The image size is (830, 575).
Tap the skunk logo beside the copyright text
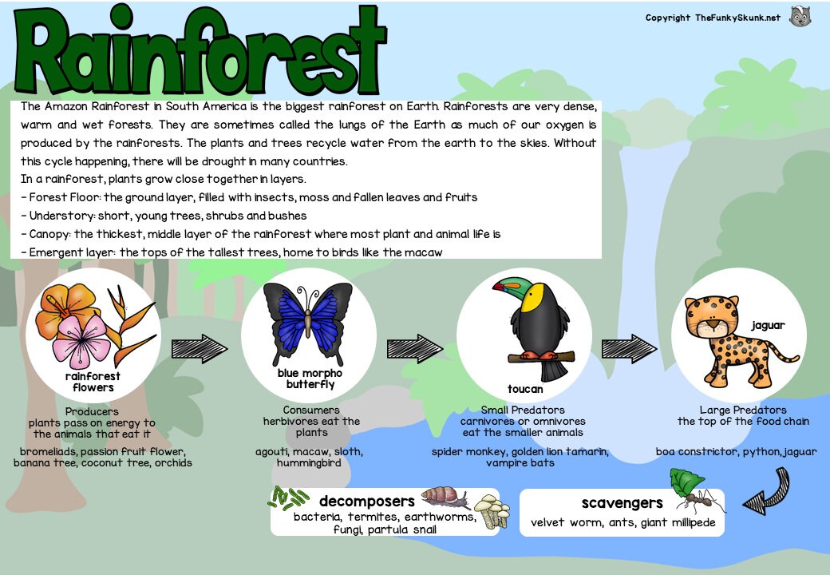pos(800,17)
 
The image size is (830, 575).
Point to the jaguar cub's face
pos(709,317)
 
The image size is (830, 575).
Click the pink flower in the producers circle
pos(82,336)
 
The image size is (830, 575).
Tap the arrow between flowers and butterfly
pos(199,348)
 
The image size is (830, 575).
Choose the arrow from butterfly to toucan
pos(414,348)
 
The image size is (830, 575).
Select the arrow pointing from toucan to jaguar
pos(629,348)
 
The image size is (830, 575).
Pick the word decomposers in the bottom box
pos(366,502)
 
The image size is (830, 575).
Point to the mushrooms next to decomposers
pos(491,510)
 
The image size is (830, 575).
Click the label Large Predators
pos(742,410)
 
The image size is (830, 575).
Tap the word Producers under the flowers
pos(92,412)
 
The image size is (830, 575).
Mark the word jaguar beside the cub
pos(768,325)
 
